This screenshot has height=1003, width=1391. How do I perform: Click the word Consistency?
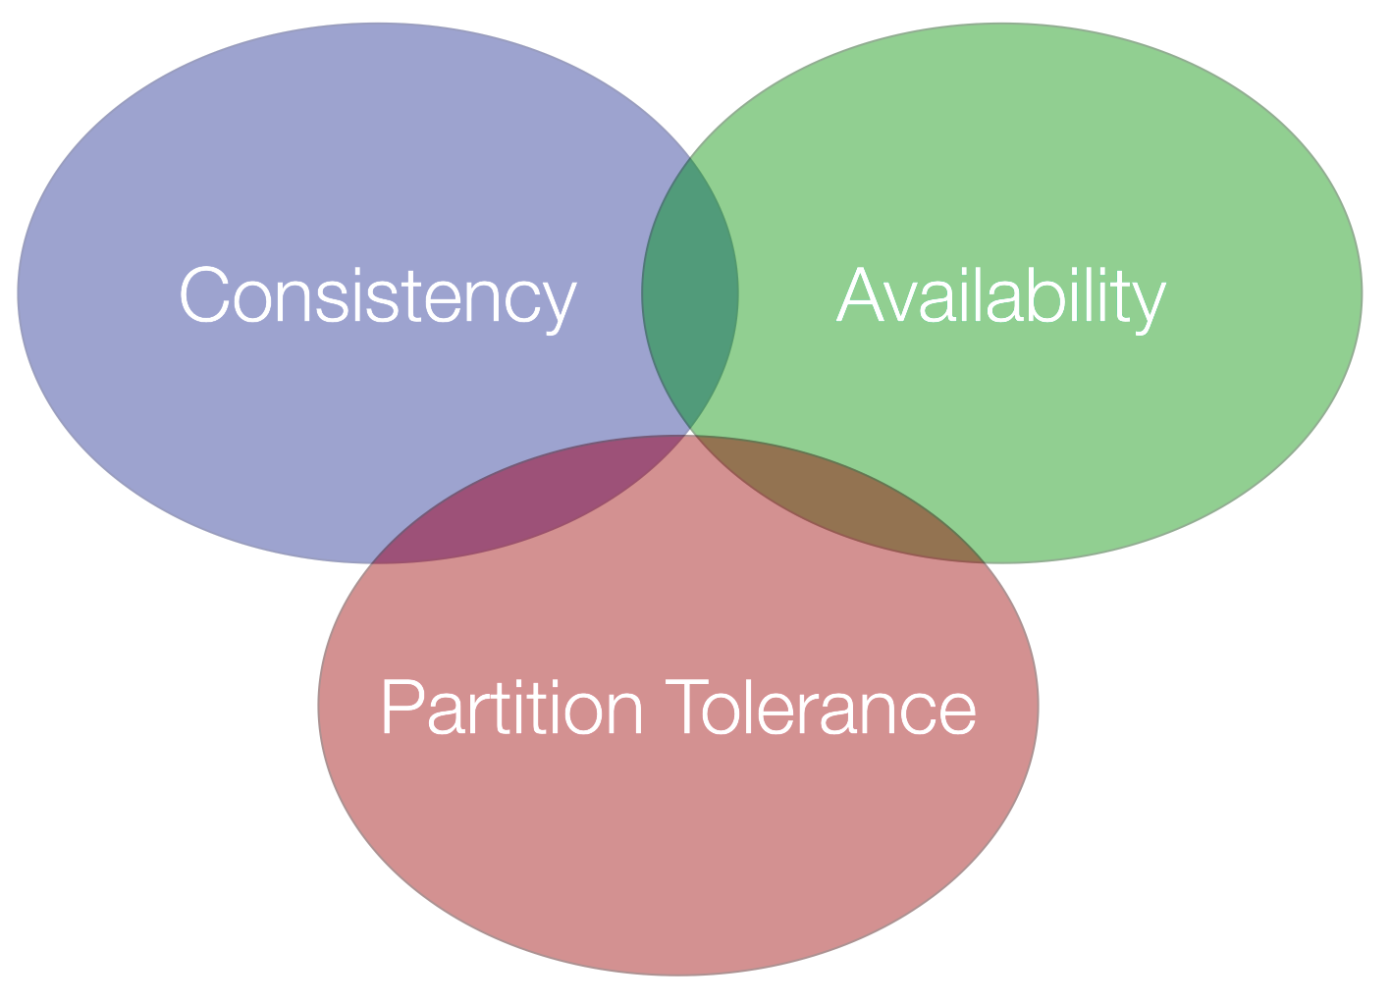[377, 296]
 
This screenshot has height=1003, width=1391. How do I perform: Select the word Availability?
[1000, 296]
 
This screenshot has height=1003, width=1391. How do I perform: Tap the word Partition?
[511, 708]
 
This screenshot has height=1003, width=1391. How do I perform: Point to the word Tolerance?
[821, 708]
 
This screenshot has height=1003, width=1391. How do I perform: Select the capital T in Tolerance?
[687, 708]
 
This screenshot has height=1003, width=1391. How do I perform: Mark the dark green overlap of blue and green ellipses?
[690, 294]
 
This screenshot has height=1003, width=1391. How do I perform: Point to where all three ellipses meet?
[692, 433]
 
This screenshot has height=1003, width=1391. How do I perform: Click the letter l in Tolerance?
[761, 708]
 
